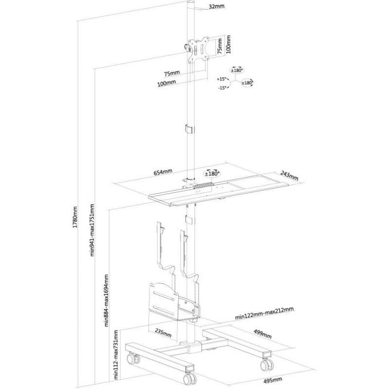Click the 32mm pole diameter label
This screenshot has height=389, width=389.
(216, 7)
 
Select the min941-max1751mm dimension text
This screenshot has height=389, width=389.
(92, 230)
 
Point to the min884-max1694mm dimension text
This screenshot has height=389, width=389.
(106, 300)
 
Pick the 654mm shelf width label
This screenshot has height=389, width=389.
(163, 172)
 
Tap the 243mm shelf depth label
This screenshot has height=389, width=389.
(289, 176)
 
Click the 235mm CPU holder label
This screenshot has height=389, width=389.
(163, 333)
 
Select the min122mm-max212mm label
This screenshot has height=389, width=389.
(264, 313)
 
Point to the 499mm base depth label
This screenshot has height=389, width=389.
(263, 334)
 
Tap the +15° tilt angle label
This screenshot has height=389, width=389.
(222, 79)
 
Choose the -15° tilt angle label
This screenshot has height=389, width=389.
(222, 88)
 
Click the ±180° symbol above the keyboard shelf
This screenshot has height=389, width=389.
(212, 174)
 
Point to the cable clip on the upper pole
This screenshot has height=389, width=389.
(189, 129)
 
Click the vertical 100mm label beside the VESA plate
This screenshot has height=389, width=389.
(228, 44)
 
